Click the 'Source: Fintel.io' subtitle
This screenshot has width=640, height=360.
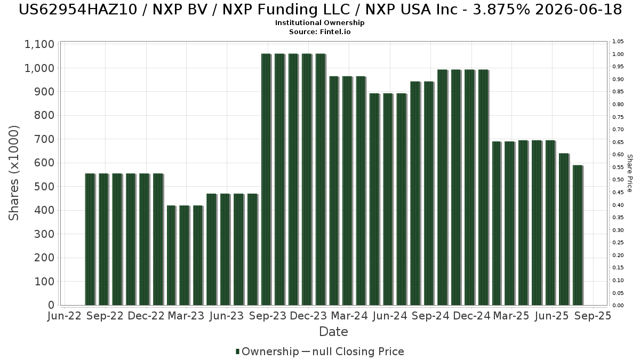320,32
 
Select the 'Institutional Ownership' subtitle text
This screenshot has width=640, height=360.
320,23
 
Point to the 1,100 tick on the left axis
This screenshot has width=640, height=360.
39,44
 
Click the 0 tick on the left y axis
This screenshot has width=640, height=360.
51,305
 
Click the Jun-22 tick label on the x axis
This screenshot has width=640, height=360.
64,316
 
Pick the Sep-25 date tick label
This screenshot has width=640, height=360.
593,316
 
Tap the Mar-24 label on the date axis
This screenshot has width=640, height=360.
349,316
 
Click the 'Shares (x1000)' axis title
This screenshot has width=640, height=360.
14,173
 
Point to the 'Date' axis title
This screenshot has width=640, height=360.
333,332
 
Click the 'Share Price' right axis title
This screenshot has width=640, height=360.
629,173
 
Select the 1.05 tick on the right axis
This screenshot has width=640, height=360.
618,42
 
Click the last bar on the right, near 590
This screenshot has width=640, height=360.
578,235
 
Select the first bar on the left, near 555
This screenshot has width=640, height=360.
90,239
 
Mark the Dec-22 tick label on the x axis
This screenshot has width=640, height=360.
145,316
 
